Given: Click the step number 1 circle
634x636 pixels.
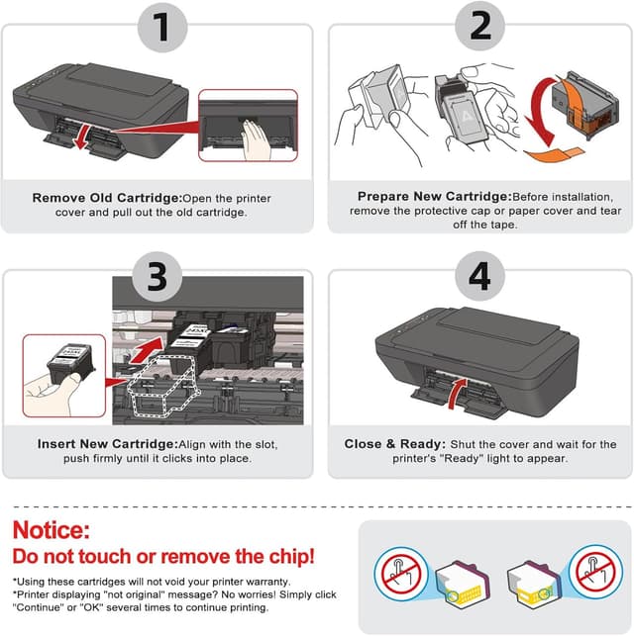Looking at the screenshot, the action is (x=162, y=28).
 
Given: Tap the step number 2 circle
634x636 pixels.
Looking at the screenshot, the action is (x=480, y=26).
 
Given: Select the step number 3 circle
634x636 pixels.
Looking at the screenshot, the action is (x=157, y=277).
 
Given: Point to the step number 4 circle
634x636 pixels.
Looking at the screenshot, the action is (x=480, y=276).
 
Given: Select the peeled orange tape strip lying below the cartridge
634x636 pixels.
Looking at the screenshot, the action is (x=554, y=154).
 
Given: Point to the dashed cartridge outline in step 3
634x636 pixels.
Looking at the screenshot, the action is (x=162, y=386).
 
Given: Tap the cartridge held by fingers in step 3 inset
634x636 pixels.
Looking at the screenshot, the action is (x=71, y=362).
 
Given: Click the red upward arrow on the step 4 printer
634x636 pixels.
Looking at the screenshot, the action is (x=457, y=393).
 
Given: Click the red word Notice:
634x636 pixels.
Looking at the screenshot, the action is (x=52, y=530).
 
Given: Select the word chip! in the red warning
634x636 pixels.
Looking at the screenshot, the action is (x=291, y=557).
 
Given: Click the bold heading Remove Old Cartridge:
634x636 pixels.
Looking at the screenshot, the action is (x=107, y=198).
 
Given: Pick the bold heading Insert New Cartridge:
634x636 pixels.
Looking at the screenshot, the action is (x=108, y=444).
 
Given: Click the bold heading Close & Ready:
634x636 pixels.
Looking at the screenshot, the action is (x=395, y=444).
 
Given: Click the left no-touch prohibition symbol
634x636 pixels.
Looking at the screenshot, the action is (x=401, y=573).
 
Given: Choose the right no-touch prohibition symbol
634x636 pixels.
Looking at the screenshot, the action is (x=595, y=573).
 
